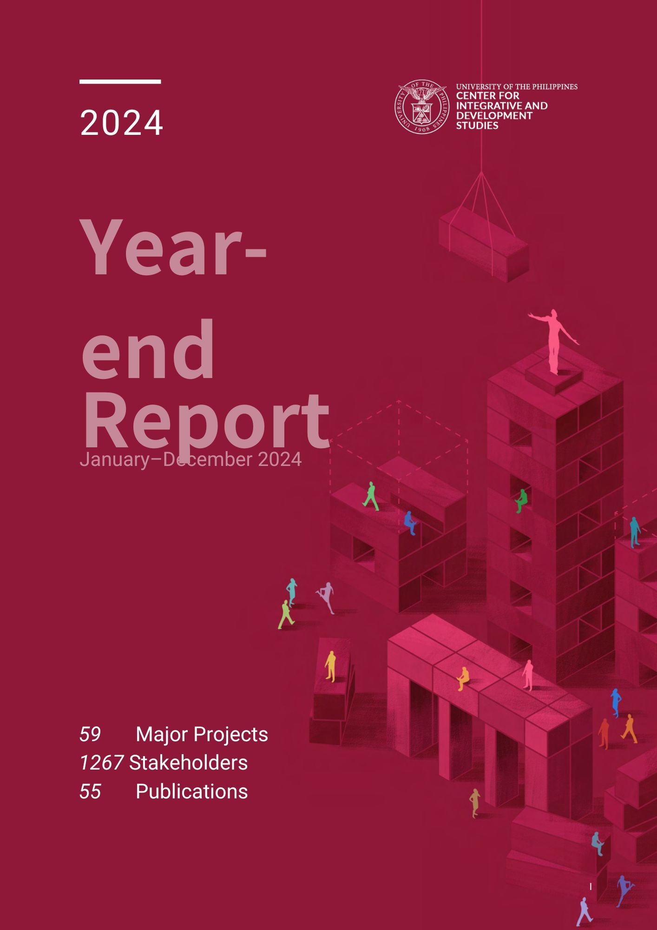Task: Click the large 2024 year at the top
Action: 121,123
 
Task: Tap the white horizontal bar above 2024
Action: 120,81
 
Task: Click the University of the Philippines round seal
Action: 422,106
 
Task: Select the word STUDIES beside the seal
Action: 477,126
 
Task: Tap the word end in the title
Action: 148,349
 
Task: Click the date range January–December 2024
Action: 191,459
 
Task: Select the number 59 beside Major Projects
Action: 90,734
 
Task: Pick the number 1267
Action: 101,763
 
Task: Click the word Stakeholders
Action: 188,763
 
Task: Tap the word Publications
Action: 192,791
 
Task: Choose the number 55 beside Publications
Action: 90,791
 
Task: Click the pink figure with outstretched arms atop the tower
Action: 553,340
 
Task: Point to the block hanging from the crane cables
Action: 484,244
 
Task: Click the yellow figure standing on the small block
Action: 330,666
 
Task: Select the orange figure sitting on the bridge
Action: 463,679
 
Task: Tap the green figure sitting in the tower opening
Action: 521,501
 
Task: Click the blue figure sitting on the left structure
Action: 410,523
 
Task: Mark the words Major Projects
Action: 202,734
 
